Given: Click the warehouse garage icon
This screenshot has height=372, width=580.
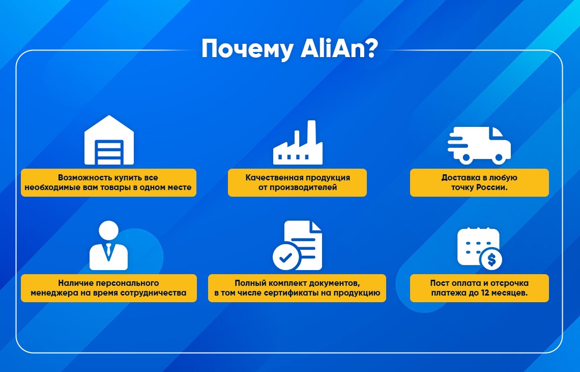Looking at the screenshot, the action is pos(109,140).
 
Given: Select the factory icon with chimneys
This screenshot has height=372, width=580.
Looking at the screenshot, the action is pos(298,143).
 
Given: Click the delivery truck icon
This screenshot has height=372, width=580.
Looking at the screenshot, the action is pos(479,145).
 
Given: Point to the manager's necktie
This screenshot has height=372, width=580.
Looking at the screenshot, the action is pos(108,251).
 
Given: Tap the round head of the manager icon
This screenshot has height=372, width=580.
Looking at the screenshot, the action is pos(109,230).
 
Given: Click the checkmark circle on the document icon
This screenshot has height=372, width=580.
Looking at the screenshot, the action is pos(286,256).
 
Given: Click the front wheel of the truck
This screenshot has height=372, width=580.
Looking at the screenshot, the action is pos(498,158).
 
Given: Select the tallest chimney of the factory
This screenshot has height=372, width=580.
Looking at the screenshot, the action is pos(312,132).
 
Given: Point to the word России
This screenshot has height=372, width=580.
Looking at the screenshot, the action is pos(491,187).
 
